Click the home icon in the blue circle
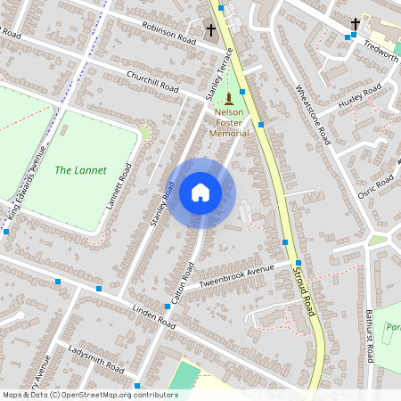coord(200,192)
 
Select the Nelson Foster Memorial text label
coord(229,123)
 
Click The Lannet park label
coord(80,170)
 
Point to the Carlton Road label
coord(183,285)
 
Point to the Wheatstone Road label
coord(313,116)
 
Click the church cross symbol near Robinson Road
coord(211,30)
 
